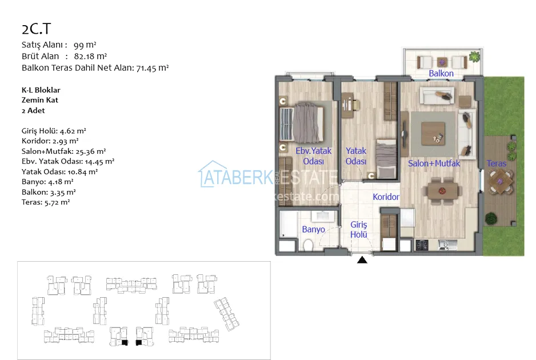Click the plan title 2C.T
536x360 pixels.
(36, 29)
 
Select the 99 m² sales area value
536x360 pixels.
(85, 45)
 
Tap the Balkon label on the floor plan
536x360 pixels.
(441, 74)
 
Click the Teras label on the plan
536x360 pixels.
(497, 163)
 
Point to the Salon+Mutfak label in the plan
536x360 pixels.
(434, 163)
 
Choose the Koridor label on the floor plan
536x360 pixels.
(386, 197)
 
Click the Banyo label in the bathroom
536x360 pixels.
(313, 229)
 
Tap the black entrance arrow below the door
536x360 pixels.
(362, 260)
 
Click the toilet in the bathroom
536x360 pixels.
(309, 245)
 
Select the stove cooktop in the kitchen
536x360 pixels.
(422, 245)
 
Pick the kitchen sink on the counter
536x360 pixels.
(447, 245)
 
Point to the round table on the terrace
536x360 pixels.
(500, 182)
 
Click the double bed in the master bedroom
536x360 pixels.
(302, 122)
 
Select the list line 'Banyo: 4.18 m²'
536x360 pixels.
(47, 182)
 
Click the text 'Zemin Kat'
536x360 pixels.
(39, 100)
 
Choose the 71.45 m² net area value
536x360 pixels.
(153, 67)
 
